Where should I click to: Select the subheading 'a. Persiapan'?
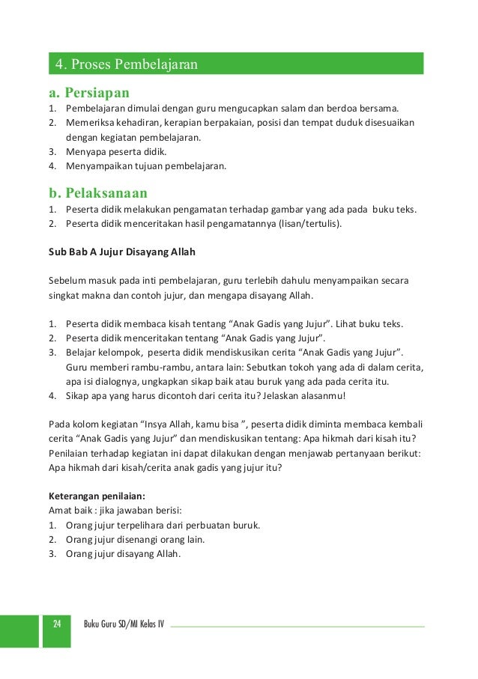coord(89,94)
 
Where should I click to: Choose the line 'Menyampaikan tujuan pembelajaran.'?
coord(145,165)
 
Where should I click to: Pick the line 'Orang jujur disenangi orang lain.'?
coord(136,539)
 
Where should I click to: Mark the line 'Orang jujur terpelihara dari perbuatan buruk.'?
coord(163,525)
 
